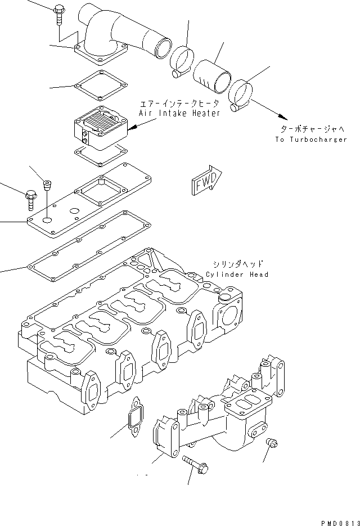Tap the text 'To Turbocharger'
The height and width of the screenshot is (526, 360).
click(x=311, y=140)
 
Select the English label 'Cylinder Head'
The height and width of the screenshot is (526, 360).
click(x=237, y=275)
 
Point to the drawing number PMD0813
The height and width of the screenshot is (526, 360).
click(x=337, y=521)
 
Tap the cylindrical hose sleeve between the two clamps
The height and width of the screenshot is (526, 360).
click(x=213, y=76)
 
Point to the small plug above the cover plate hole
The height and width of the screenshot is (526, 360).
click(x=48, y=185)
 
